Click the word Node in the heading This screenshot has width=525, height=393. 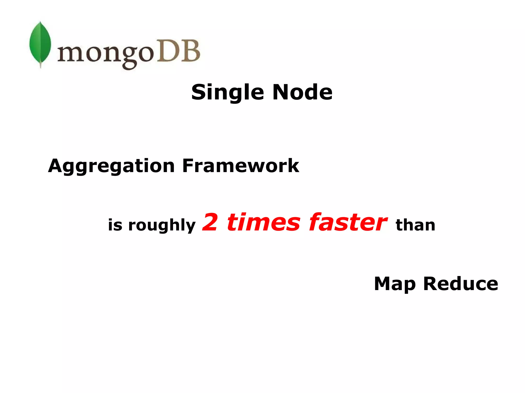[x=302, y=92]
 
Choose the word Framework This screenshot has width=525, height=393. [x=240, y=166]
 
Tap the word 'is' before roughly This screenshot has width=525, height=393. [x=115, y=225]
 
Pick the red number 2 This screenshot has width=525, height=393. [x=210, y=222]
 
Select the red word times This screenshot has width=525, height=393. [x=263, y=222]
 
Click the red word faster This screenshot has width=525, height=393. [x=348, y=222]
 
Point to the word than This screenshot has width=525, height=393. [x=415, y=225]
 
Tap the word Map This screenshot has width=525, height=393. [x=395, y=284]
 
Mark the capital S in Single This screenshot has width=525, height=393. [x=199, y=92]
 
